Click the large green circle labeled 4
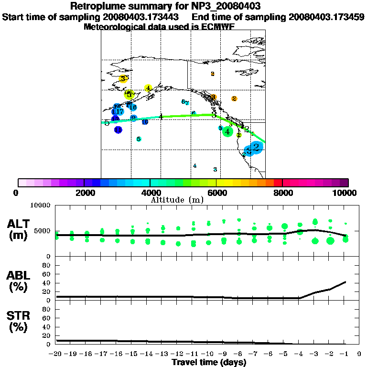[x=228, y=131]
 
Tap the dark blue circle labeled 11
[x=118, y=130]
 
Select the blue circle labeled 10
[x=145, y=122]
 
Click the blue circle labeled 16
[x=133, y=108]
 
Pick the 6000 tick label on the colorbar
[x=216, y=193]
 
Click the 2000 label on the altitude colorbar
[x=84, y=193]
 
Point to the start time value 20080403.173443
[x=141, y=17]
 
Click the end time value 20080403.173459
[x=326, y=17]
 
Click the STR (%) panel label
[x=19, y=322]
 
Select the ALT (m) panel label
[x=19, y=229]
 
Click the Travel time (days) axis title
[x=209, y=362]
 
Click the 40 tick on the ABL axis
[x=46, y=282]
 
